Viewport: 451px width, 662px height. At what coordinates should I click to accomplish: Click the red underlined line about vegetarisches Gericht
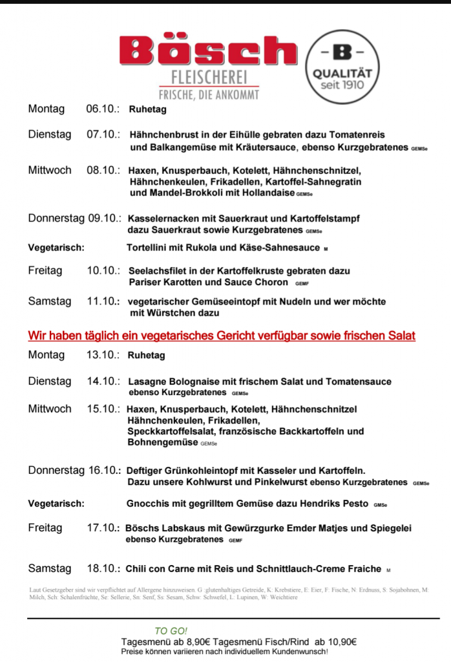click(222, 336)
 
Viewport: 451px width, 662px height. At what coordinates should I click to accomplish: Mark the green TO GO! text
click(171, 631)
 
